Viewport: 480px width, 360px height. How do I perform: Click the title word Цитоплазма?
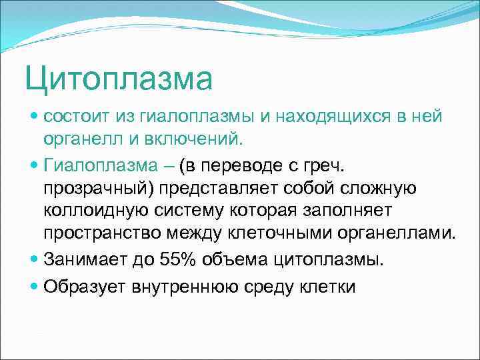pos(119,79)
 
